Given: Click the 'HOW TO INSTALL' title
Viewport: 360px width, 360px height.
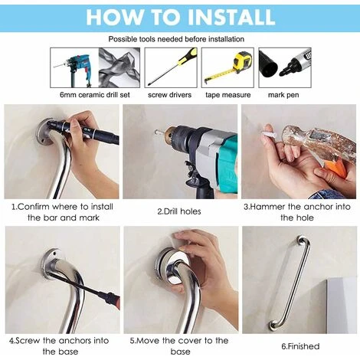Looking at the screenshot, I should (179, 16).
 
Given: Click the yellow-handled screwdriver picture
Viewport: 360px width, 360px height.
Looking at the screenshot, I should (171, 67).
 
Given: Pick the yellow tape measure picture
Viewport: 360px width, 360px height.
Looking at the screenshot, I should (227, 67).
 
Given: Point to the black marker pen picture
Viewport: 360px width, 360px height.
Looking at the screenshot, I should (284, 67).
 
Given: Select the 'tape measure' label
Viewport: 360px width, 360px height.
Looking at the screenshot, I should (227, 95).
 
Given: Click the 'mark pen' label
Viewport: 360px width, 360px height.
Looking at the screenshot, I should (285, 95).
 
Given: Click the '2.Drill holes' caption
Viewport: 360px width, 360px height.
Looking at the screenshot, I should (179, 211).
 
